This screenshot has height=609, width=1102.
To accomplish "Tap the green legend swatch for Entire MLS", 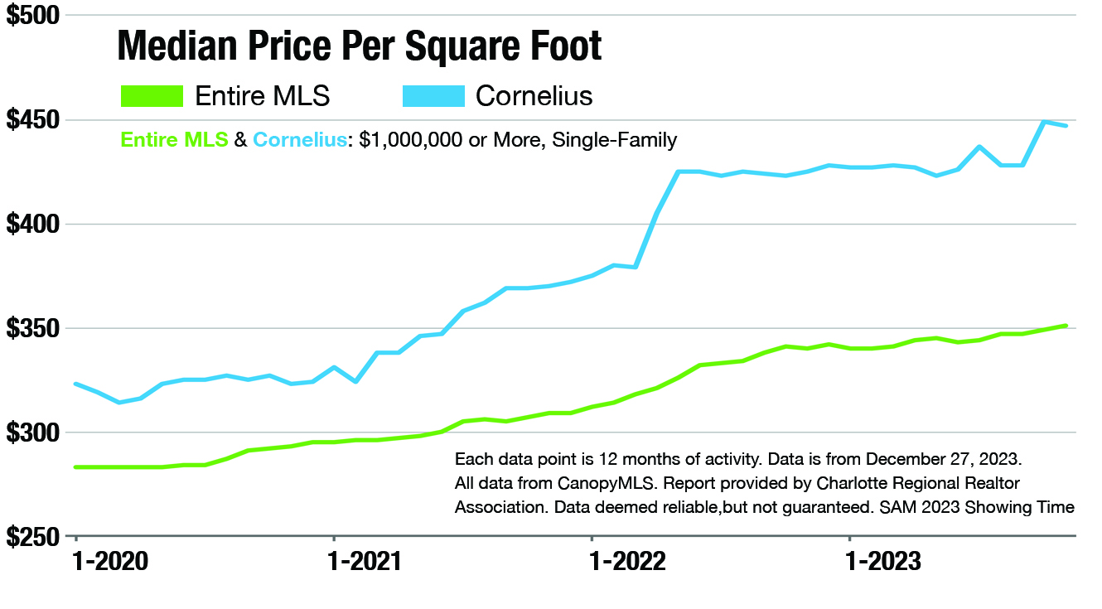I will [x=151, y=95].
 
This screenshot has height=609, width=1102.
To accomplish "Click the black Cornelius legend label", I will [x=534, y=96].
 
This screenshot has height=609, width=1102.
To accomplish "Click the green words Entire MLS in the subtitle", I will [x=174, y=140].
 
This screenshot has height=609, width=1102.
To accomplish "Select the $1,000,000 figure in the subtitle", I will [x=409, y=140].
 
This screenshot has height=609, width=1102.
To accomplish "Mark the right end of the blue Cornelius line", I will [x=1066, y=125].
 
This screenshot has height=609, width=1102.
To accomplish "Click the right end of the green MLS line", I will [x=1066, y=326].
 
